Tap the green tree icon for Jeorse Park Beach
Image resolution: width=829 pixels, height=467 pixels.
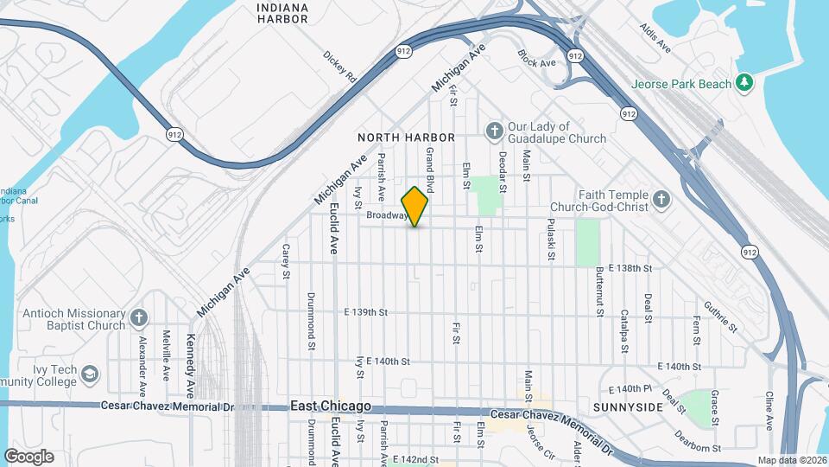(x=744, y=83)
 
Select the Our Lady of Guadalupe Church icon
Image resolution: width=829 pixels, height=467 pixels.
(x=494, y=131)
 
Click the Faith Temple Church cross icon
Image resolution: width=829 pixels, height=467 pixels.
(x=661, y=202)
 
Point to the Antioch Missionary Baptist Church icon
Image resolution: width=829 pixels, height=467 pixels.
(x=139, y=318)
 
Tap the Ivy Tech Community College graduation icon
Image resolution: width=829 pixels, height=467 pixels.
(x=91, y=374)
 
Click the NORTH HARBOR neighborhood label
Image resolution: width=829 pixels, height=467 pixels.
(x=406, y=138)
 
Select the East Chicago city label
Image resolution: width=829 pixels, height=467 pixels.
(x=331, y=406)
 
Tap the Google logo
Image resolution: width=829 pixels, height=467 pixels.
(x=28, y=457)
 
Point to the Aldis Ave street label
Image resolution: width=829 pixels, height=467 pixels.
(x=655, y=35)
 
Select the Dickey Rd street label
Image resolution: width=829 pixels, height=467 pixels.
(x=339, y=66)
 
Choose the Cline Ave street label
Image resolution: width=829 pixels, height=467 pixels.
(x=769, y=411)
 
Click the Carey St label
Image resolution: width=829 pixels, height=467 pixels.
(x=285, y=262)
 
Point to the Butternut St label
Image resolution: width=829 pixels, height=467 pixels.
(x=598, y=291)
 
